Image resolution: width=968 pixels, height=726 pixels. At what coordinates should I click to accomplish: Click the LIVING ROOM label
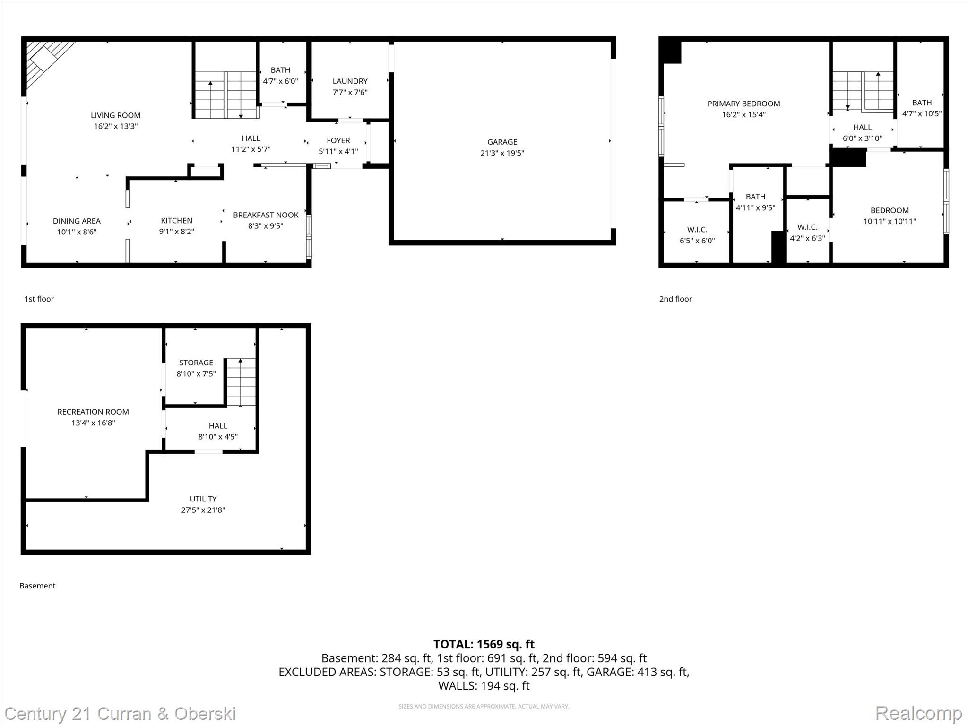pos(115,115)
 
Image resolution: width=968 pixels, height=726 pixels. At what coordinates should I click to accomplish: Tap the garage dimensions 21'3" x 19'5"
pos(502,153)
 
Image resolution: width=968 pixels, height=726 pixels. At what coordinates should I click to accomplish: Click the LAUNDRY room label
pos(350,81)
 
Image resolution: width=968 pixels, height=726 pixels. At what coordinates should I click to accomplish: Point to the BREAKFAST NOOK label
pos(266,215)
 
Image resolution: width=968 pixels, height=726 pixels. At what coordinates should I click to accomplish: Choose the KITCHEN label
pos(176,221)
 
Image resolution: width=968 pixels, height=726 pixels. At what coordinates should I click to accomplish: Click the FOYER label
pos(338,140)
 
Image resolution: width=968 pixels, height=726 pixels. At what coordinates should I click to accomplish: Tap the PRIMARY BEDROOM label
pos(743,104)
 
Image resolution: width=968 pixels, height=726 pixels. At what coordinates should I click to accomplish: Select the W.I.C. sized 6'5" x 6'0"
pos(697,235)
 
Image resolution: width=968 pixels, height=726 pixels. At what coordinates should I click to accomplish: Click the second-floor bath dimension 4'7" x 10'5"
pos(922,114)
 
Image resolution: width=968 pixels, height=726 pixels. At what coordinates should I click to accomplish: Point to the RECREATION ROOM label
pos(93,412)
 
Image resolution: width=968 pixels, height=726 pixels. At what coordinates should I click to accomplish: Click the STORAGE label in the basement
pos(196,363)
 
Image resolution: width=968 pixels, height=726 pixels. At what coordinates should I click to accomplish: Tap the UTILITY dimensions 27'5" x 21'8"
pos(203,510)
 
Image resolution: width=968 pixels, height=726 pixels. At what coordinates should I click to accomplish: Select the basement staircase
pos(241,382)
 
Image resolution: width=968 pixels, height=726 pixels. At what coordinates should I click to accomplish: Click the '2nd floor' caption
pos(675,299)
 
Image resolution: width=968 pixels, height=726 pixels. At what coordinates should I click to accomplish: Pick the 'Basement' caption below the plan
pos(37,586)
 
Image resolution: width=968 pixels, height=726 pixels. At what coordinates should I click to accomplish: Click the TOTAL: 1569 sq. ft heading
pos(484,644)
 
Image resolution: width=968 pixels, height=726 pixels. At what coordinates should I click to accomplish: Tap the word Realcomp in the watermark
pos(918,713)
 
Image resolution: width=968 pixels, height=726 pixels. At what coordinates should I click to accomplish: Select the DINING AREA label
pos(77,221)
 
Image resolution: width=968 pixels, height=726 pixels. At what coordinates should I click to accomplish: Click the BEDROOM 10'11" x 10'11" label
pos(889,211)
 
